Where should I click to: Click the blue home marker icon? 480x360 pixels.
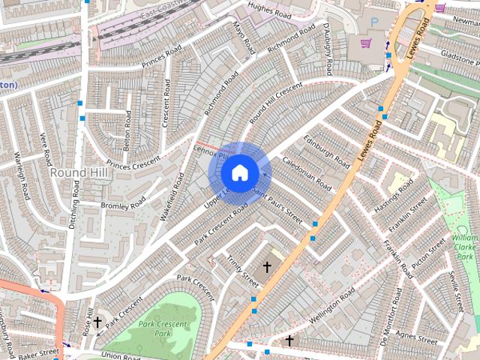(x=239, y=173)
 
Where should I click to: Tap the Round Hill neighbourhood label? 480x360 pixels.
(x=79, y=173)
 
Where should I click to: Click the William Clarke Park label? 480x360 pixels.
(x=465, y=248)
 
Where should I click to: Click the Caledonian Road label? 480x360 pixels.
(x=307, y=172)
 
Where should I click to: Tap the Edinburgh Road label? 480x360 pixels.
(x=326, y=151)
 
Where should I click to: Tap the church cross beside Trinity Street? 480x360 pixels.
(x=266, y=266)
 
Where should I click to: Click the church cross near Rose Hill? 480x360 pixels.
(x=97, y=323)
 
